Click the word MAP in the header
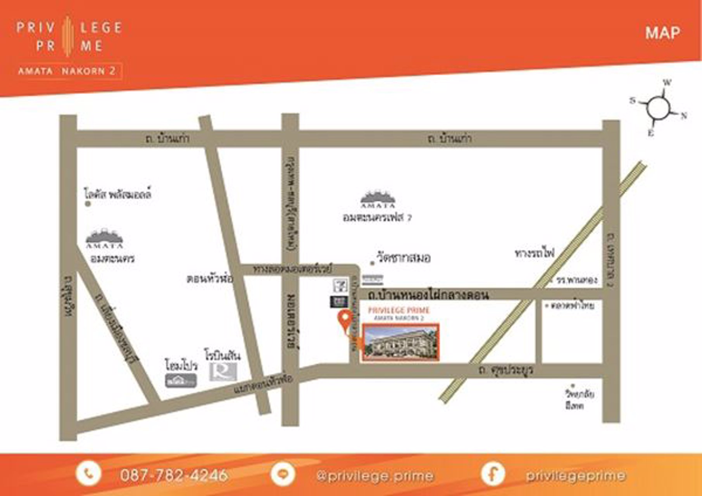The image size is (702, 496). [x=662, y=33]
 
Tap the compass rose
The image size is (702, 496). [x=659, y=107]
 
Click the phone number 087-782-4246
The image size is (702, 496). [x=174, y=475]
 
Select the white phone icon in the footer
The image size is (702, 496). [x=88, y=474]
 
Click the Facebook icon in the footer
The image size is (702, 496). [x=493, y=474]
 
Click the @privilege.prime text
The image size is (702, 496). [x=374, y=475]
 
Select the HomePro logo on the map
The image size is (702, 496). [x=181, y=381]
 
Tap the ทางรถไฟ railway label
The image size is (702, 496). [x=535, y=253]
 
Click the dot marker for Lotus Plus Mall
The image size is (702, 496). [x=88, y=203]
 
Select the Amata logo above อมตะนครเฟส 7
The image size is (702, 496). [x=378, y=199]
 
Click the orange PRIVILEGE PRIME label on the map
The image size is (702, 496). [x=399, y=310]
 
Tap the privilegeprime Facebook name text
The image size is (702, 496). [x=575, y=475]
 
